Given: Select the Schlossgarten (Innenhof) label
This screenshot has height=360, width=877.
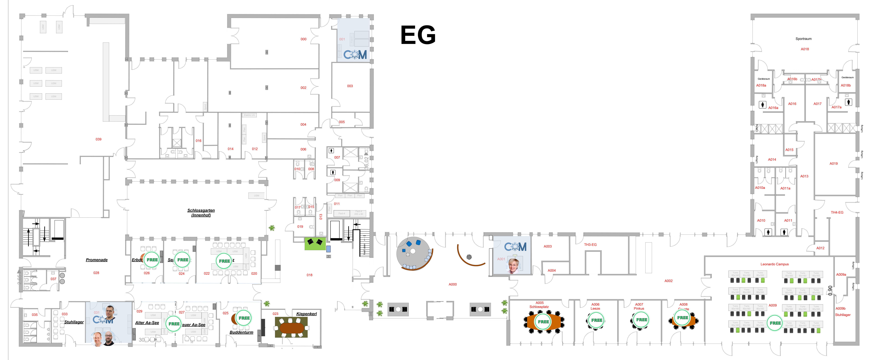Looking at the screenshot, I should pyautogui.click(x=201, y=212).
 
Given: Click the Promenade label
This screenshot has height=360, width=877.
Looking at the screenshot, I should pyautogui.click(x=97, y=260).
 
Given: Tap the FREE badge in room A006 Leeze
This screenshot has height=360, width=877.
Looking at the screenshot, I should pyautogui.click(x=596, y=320).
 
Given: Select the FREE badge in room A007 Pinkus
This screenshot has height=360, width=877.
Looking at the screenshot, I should pyautogui.click(x=641, y=320).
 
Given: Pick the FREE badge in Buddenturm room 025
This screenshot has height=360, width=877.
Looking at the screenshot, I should pyautogui.click(x=244, y=318).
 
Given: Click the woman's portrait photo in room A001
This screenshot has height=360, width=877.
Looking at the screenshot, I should pyautogui.click(x=513, y=265).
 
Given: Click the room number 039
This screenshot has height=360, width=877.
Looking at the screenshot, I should pyautogui.click(x=98, y=139).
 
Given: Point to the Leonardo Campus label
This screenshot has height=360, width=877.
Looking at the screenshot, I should pyautogui.click(x=775, y=264).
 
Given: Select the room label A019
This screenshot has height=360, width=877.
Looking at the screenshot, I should pyautogui.click(x=833, y=164).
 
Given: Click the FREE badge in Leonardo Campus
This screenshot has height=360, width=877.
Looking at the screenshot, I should pyautogui.click(x=775, y=323).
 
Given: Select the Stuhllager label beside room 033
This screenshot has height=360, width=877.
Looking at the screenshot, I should pyautogui.click(x=74, y=322).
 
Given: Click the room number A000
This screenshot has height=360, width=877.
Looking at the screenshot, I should pyautogui.click(x=452, y=284).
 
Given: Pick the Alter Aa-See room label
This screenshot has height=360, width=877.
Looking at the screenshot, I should pyautogui.click(x=147, y=323).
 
